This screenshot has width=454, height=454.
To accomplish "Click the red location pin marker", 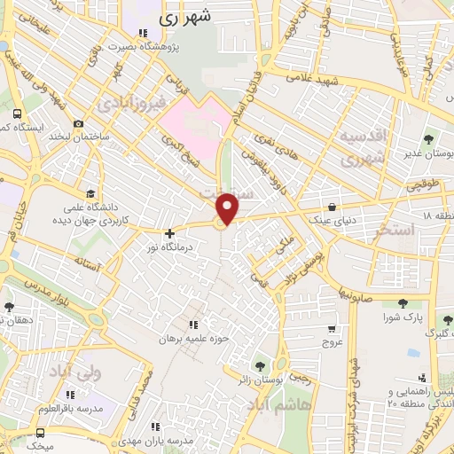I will (x=228, y=208).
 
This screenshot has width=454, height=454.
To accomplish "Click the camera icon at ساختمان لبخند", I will (x=79, y=123).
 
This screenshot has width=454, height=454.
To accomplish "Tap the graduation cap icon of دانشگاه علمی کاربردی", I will (x=90, y=192).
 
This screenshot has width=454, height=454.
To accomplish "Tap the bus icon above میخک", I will (x=40, y=433).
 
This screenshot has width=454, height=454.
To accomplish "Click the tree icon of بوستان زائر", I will (x=260, y=364).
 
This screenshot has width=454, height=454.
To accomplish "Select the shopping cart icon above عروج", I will (x=332, y=328).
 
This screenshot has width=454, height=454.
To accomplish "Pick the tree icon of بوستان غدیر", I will (x=429, y=138).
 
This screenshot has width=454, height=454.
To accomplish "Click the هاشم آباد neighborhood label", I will (x=279, y=403).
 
